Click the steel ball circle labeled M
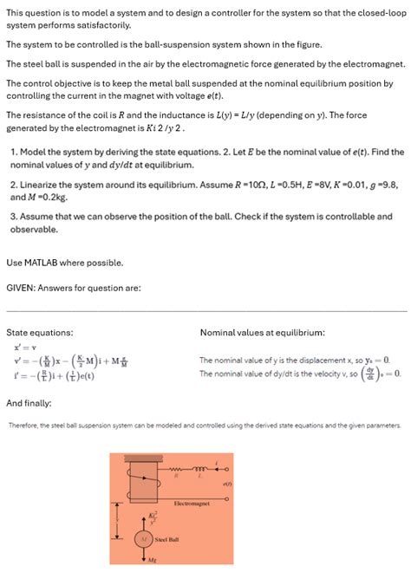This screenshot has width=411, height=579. (143, 540)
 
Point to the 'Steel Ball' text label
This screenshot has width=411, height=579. (168, 540)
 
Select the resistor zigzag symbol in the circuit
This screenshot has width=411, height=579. (177, 468)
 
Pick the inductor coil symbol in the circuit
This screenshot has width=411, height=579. (200, 468)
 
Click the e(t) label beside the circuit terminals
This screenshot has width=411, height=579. (226, 484)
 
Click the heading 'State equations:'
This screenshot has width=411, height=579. (39, 332)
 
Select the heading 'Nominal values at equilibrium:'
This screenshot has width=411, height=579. (263, 332)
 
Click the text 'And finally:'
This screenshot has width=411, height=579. (29, 403)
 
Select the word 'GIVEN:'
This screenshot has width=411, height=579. (23, 288)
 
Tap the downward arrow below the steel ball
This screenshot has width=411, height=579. (143, 556)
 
